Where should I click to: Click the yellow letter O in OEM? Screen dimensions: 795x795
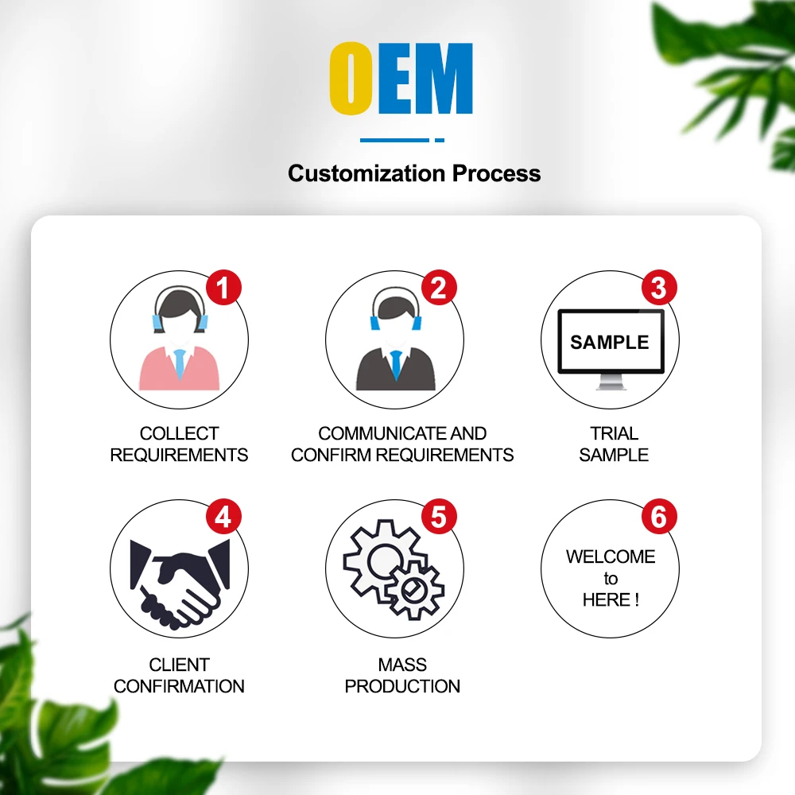coord(351,79)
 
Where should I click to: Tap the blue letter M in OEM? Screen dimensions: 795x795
coord(444,79)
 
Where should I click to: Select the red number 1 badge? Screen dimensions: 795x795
coord(223,287)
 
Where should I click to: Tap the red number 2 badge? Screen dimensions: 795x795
coord(439,287)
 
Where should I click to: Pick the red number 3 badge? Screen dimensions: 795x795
coord(658,288)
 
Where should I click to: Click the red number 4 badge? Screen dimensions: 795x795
coord(223,518)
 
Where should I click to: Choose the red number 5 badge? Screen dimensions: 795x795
coord(439,518)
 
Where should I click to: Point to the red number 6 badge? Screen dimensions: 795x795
coord(658,518)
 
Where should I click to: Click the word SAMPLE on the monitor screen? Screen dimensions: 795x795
coord(610,343)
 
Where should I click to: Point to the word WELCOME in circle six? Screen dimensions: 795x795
coord(610,556)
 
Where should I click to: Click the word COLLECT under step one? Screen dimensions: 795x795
coord(179,434)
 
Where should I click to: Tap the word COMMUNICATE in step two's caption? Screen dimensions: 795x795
coord(372,434)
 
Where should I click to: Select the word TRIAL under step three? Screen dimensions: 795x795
coord(614,434)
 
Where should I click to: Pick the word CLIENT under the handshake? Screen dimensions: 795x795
coord(179,665)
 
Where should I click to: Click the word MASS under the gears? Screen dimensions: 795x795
coord(402,665)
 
